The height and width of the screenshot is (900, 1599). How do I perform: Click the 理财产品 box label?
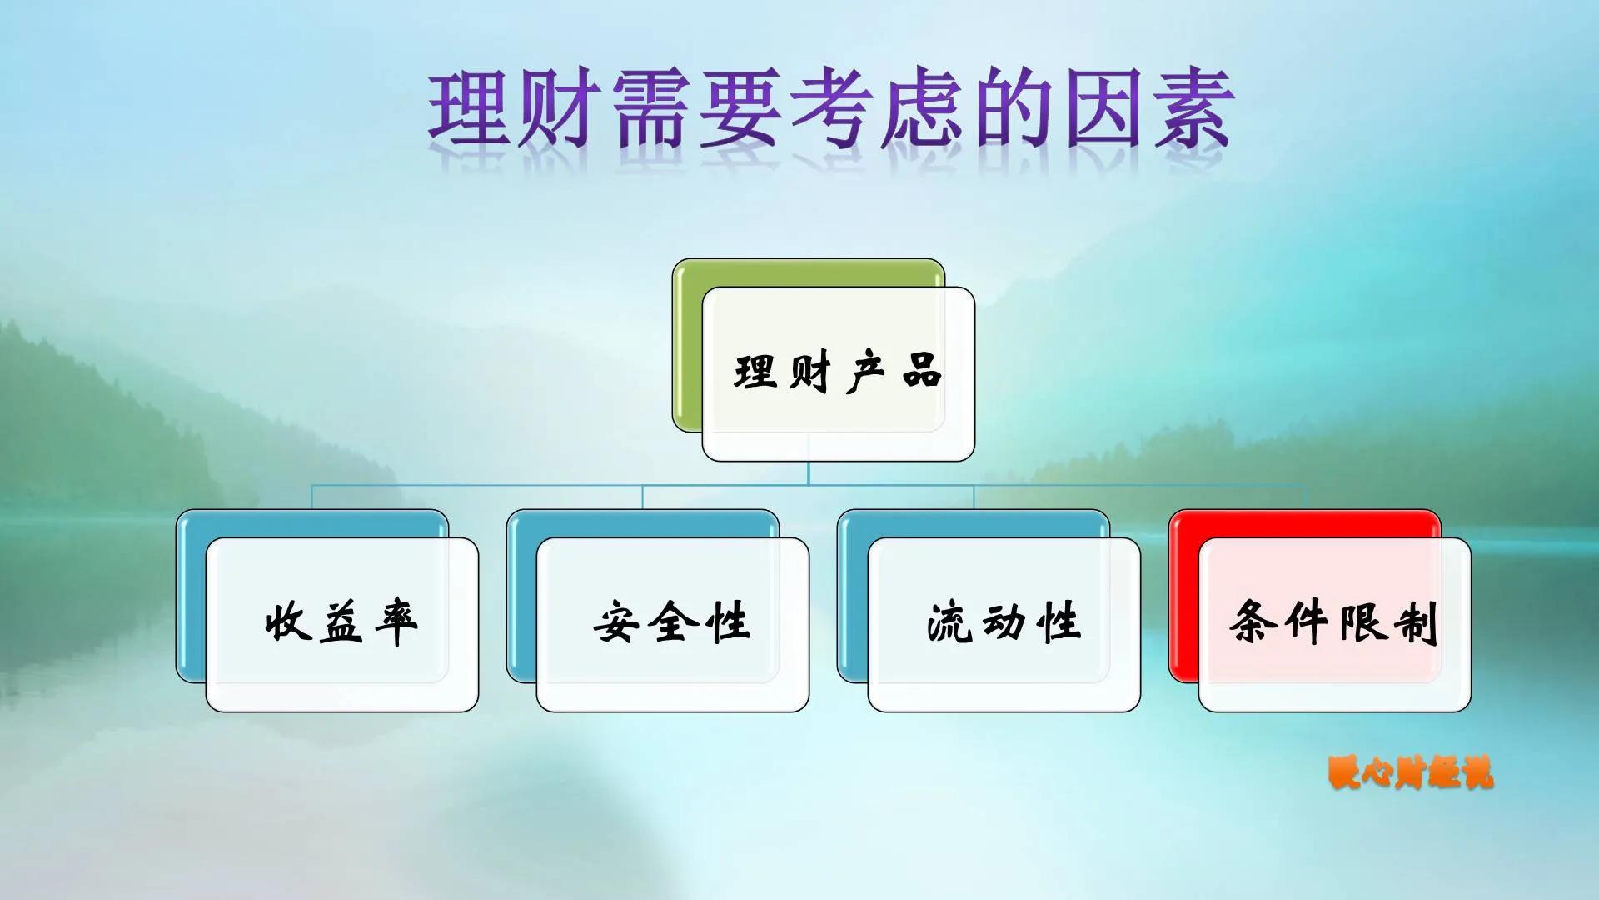pyautogui.click(x=838, y=372)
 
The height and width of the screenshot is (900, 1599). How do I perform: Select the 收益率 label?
pyautogui.click(x=341, y=622)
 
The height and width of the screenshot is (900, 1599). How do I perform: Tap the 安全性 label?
pyautogui.click(x=672, y=622)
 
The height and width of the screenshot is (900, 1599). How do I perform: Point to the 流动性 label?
pyautogui.click(x=1004, y=622)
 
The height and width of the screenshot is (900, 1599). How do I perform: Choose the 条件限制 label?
pyautogui.click(x=1334, y=622)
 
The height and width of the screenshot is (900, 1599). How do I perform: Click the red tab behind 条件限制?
pyautogui.click(x=1183, y=596)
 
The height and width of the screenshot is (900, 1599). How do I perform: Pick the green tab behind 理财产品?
pyautogui.click(x=687, y=346)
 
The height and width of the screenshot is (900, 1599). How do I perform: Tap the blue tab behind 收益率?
pyautogui.click(x=190, y=596)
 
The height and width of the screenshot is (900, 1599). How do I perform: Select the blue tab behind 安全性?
pyautogui.click(x=521, y=596)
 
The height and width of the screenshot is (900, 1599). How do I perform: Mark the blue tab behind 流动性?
pyautogui.click(x=851, y=596)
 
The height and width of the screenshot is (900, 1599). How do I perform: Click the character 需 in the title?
pyautogui.click(x=651, y=109)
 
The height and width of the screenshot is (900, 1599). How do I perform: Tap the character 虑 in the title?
pyautogui.click(x=922, y=109)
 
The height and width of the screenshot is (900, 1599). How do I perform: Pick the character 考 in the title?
pyautogui.click(x=831, y=109)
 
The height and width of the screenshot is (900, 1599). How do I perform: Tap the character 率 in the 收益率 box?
pyautogui.click(x=396, y=622)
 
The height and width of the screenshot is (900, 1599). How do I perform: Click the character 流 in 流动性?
pyautogui.click(x=949, y=622)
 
